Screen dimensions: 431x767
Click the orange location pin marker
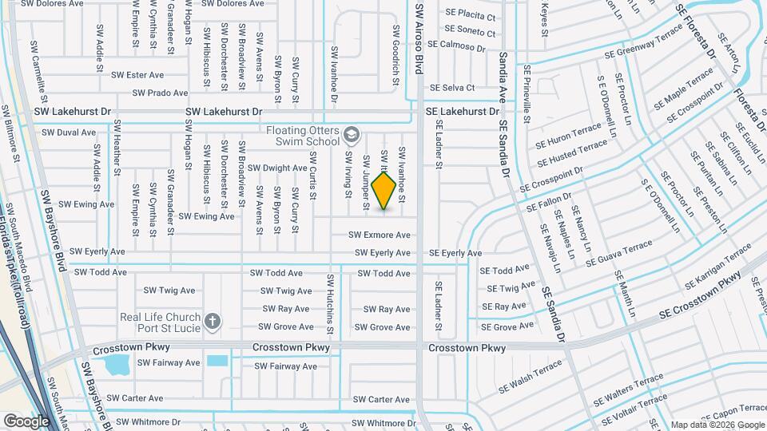click(384, 191)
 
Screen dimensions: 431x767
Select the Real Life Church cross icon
click(212, 322)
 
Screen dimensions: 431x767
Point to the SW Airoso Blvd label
click(418, 40)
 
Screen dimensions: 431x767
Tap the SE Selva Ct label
click(453, 88)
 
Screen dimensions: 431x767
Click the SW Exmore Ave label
click(380, 235)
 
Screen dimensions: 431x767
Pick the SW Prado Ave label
click(160, 93)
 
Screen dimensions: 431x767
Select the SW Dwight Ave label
click(277, 168)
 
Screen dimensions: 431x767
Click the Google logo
click(26, 421)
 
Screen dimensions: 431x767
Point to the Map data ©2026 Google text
click(717, 425)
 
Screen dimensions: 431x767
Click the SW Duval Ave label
click(69, 132)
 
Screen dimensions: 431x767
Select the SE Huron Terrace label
click(569, 134)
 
